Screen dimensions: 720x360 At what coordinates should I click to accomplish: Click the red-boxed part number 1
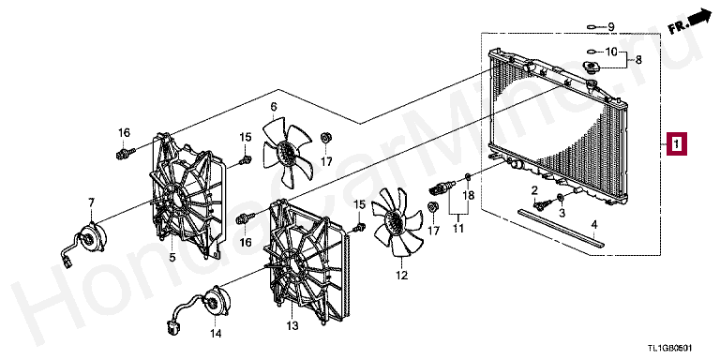click(677, 144)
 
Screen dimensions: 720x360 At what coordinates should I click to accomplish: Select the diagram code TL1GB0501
click(669, 350)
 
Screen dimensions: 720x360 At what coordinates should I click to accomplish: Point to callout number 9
click(611, 26)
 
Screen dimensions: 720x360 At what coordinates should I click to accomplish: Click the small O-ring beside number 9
click(592, 27)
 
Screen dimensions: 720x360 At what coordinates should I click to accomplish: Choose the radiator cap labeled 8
click(591, 67)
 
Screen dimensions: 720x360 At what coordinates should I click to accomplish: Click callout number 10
click(611, 52)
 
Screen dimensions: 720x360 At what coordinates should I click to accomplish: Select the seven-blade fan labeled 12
click(397, 222)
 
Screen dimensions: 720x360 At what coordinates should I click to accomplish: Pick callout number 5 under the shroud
click(172, 257)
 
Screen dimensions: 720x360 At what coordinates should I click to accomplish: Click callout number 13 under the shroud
click(292, 325)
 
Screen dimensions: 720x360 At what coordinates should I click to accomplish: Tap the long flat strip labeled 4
click(561, 229)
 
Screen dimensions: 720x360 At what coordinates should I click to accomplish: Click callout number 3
click(562, 213)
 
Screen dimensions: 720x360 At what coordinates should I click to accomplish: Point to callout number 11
click(457, 228)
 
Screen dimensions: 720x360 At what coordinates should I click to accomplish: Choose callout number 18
click(468, 196)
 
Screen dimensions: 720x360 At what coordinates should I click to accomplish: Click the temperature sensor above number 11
click(442, 187)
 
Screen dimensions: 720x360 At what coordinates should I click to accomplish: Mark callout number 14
click(216, 334)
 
